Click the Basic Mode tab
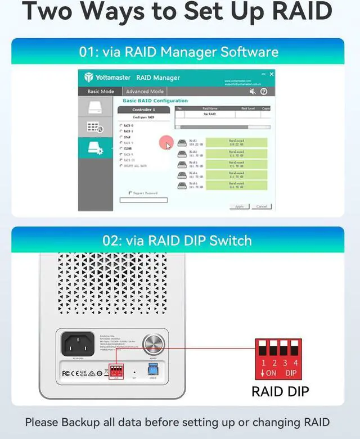101,91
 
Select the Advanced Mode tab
145,91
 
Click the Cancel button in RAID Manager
262,206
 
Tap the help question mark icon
264,91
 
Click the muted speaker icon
253,91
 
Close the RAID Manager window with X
272,74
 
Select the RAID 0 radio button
121,125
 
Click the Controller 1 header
143,110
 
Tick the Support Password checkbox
130,193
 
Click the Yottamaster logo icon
88,78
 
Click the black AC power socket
77,344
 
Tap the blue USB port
152,370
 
